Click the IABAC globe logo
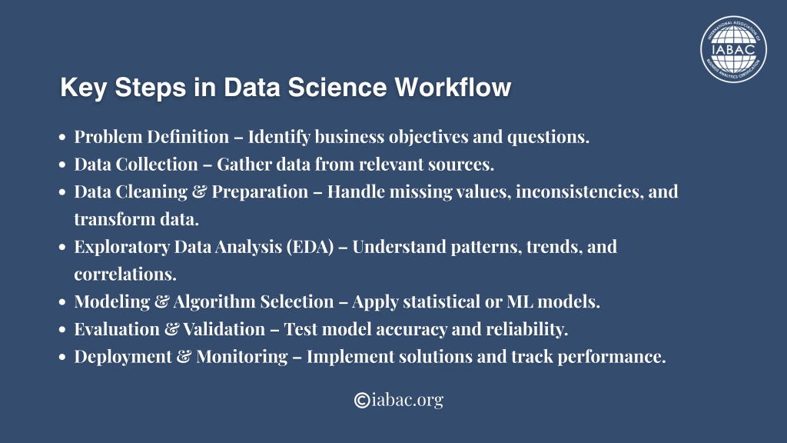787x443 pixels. click(x=733, y=49)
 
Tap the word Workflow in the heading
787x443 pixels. click(x=453, y=87)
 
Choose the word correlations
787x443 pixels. click(x=125, y=275)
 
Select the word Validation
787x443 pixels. click(x=224, y=329)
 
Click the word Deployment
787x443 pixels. click(x=123, y=357)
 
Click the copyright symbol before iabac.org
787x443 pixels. click(x=362, y=400)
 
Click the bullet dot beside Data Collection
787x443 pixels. click(x=62, y=165)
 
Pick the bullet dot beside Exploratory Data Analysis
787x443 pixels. click(x=62, y=247)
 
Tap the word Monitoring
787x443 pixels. click(x=242, y=357)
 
